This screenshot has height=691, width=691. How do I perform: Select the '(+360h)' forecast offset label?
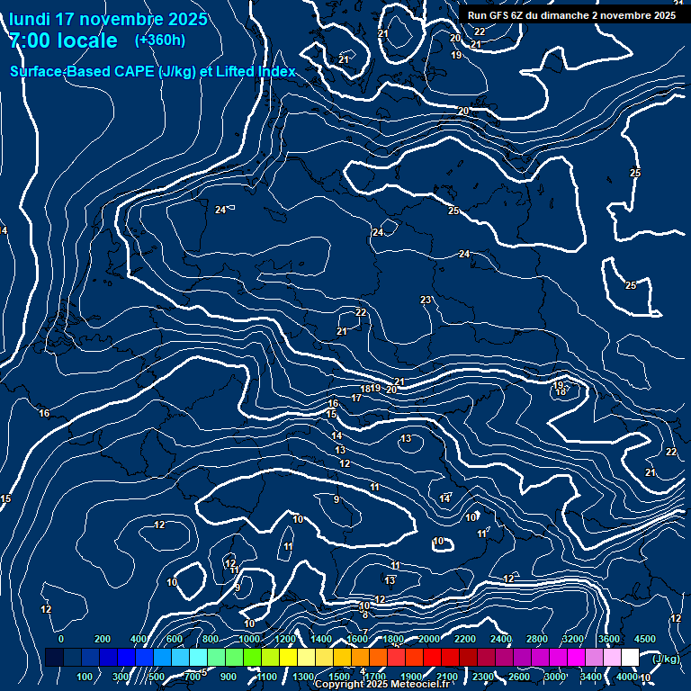click(160, 40)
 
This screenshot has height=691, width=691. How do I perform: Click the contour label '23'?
click(426, 300)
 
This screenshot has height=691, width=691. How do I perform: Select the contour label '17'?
click(356, 398)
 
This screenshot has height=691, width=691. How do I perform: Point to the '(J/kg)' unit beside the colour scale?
click(666, 660)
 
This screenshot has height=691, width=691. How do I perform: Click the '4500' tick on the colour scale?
click(645, 639)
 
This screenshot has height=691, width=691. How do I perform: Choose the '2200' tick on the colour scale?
click(465, 639)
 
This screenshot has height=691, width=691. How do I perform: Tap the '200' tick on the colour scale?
click(103, 639)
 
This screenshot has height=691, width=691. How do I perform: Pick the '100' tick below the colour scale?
click(85, 677)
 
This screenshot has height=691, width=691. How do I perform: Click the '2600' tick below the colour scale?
click(519, 677)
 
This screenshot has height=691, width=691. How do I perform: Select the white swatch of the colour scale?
click(630, 658)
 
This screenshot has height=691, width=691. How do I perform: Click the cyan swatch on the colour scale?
click(198, 658)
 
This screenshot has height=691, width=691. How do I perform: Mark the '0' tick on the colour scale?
click(61, 639)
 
